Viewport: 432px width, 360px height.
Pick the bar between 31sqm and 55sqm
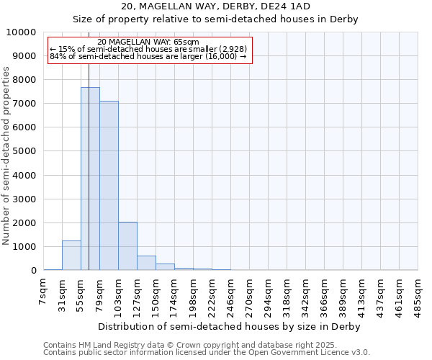71,256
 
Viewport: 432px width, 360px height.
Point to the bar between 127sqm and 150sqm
146,263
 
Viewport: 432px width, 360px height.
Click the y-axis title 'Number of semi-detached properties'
7,156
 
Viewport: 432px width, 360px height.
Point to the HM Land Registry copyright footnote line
206,345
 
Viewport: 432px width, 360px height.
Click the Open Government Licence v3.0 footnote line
206,353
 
